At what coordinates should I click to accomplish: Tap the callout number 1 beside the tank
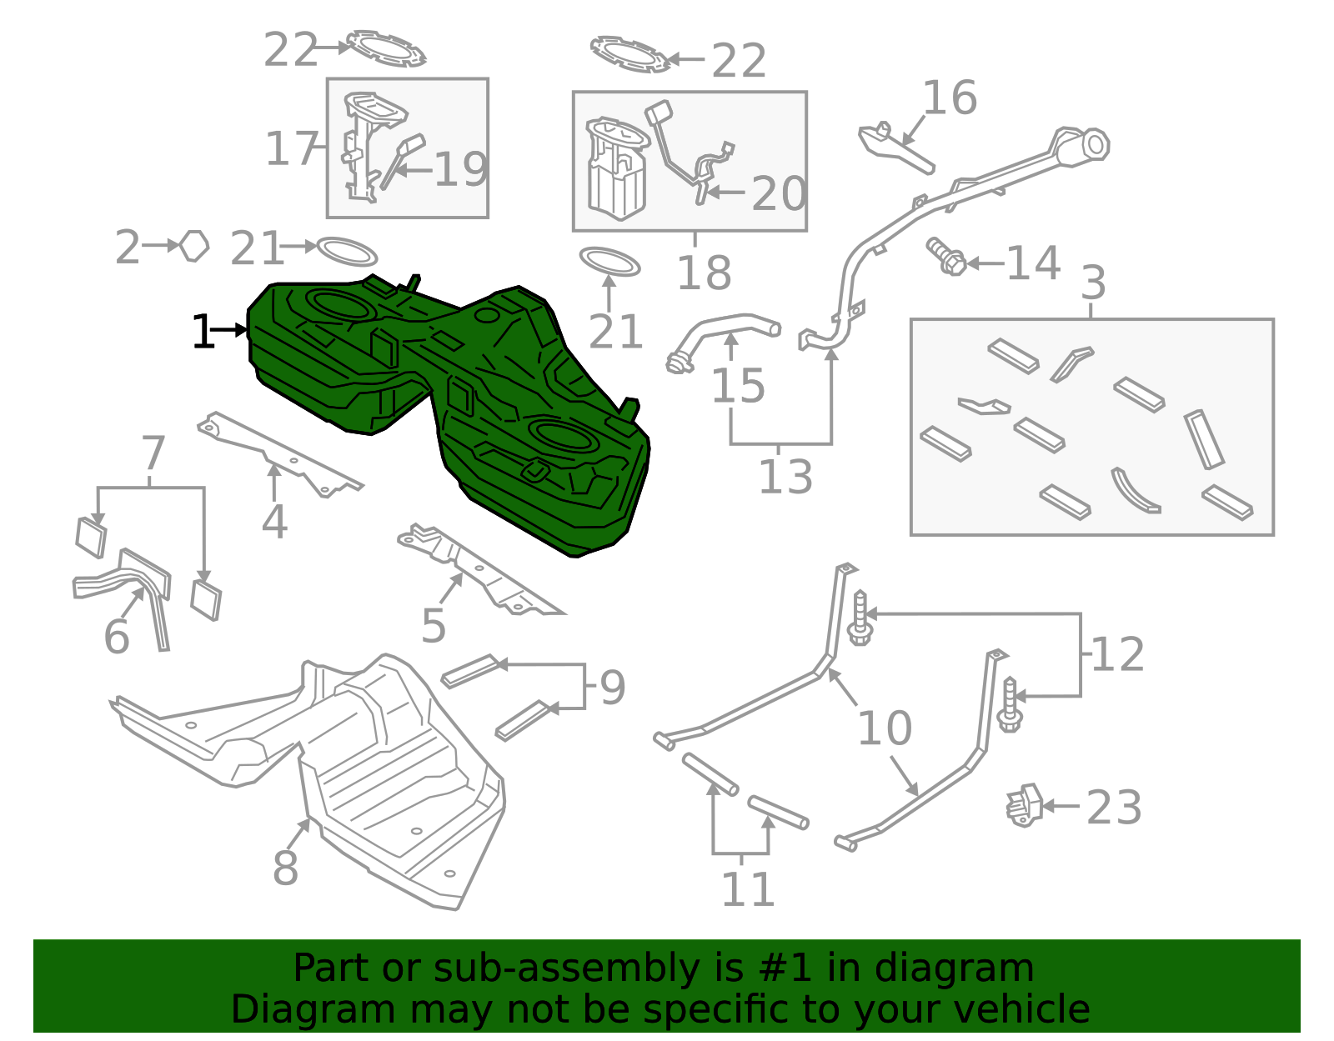(203, 332)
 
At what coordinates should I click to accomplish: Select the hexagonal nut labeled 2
(194, 246)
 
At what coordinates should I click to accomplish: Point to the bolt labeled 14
(946, 257)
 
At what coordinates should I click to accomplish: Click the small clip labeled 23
(1025, 805)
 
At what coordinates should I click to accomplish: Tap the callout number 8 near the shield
(285, 868)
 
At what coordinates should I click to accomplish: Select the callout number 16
(949, 98)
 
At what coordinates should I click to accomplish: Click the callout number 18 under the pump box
(704, 273)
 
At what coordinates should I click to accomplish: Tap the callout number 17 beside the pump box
(291, 149)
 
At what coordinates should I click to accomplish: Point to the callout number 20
(778, 194)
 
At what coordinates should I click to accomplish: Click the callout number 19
(461, 169)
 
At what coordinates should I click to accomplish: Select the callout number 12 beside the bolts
(1117, 654)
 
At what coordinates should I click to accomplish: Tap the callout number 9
(612, 687)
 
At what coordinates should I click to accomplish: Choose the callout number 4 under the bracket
(273, 522)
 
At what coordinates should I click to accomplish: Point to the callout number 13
(785, 477)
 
